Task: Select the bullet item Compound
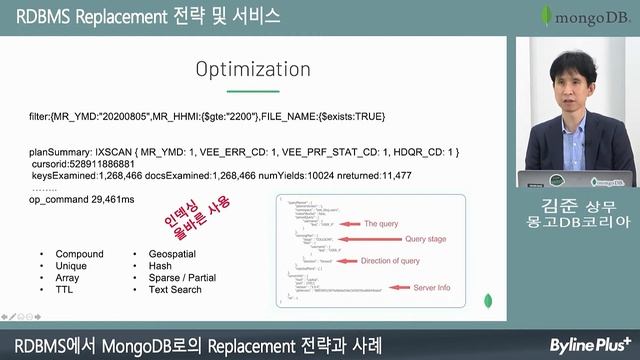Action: tap(79, 254)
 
